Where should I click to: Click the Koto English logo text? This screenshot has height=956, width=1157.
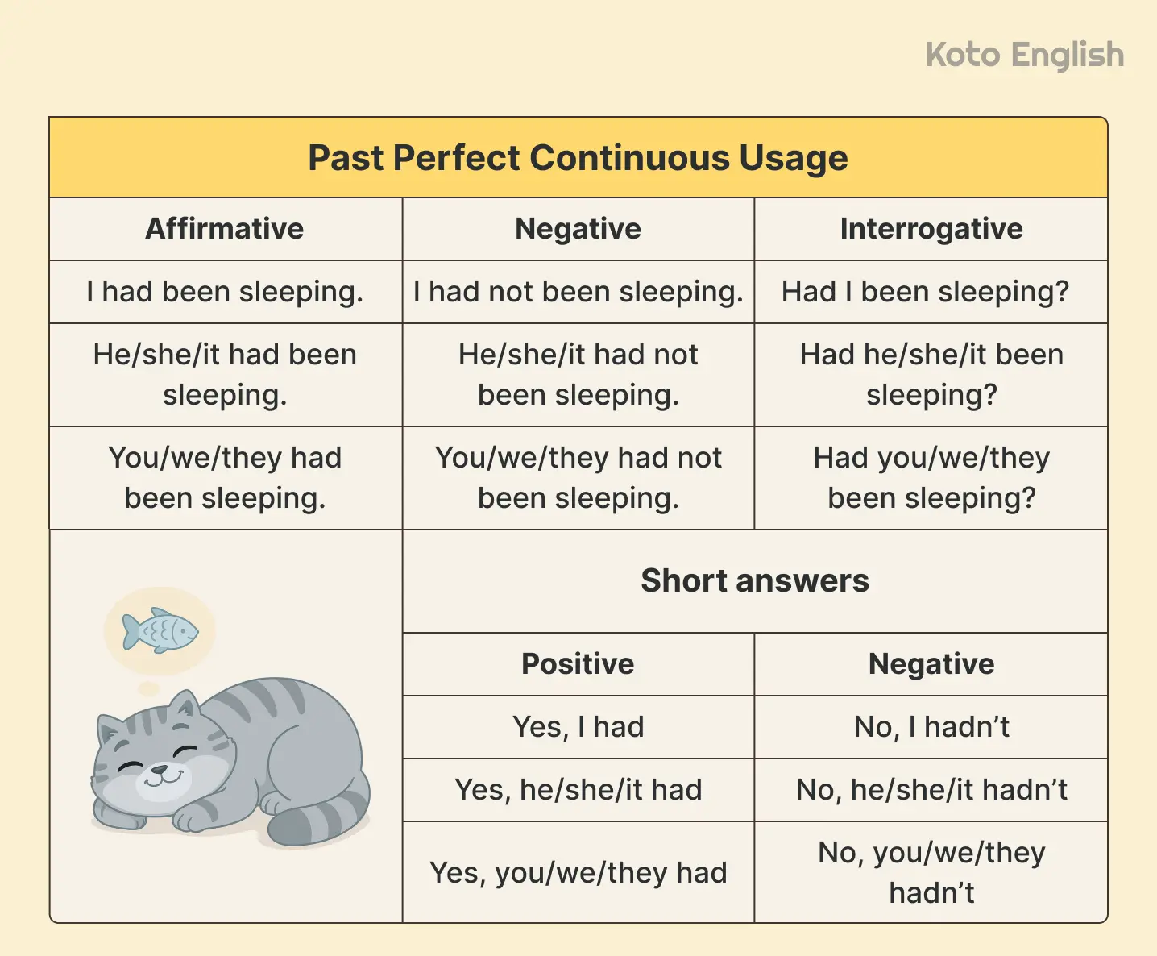(x=1024, y=56)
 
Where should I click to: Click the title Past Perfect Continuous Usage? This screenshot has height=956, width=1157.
(x=578, y=158)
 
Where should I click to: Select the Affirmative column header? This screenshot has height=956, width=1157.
(x=225, y=229)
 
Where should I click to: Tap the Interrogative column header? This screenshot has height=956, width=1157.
(x=931, y=229)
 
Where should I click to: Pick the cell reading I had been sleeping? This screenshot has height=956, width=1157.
(x=225, y=292)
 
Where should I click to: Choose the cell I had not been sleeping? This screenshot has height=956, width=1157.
(x=578, y=292)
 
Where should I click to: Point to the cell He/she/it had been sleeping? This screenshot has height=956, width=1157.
(x=225, y=375)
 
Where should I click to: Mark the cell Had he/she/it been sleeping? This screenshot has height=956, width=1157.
(x=931, y=375)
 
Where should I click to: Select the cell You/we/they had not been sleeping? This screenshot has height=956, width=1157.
(x=578, y=478)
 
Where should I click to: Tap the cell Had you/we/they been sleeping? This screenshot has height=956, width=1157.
(x=931, y=478)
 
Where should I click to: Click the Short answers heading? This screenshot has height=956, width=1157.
(x=755, y=581)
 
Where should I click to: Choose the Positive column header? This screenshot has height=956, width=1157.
(x=578, y=664)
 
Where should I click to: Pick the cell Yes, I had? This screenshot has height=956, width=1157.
(x=578, y=727)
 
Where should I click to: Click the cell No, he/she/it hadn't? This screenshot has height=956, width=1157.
(x=931, y=790)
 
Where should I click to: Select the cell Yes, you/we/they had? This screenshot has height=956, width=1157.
(x=578, y=873)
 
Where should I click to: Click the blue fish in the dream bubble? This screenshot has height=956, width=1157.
(x=160, y=630)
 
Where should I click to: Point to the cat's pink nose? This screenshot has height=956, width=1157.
(x=159, y=768)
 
